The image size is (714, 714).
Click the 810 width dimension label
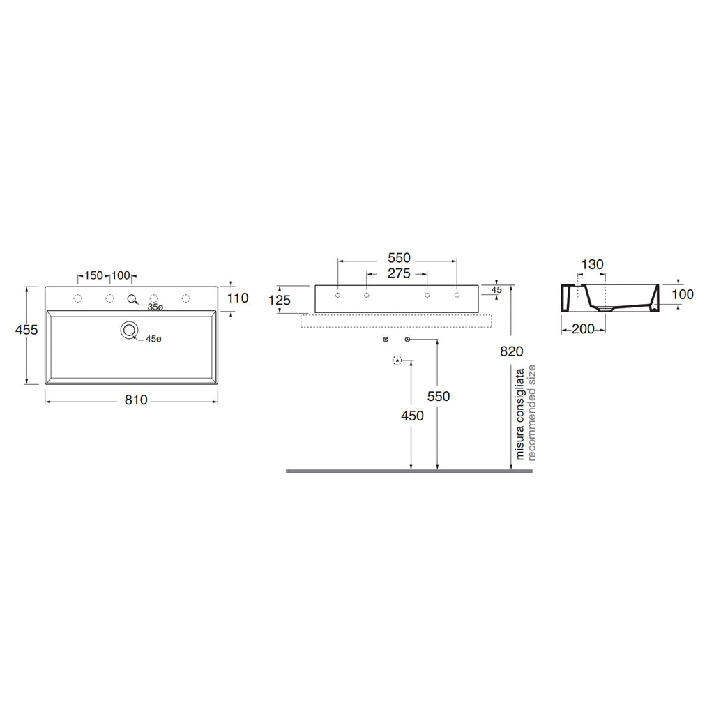click(136, 400)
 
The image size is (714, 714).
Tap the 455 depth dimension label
click(26, 329)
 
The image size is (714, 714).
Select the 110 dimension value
click(238, 298)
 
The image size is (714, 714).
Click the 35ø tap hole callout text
click(155, 307)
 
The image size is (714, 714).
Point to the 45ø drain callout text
click(153, 339)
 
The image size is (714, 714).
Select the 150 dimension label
click(94, 275)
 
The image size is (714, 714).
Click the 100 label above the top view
click(121, 275)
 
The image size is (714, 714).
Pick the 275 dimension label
click(399, 273)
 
